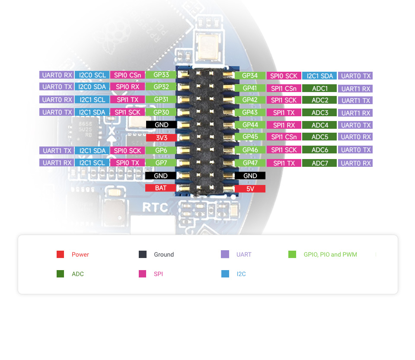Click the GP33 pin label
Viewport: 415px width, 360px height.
click(161, 75)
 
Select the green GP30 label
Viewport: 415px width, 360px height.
click(161, 112)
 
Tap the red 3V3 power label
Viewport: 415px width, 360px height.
click(161, 138)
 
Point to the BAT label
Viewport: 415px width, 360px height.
click(161, 188)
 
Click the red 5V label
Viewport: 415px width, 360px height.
click(250, 189)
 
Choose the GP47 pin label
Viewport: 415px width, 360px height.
click(250, 163)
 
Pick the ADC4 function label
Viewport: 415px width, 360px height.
click(320, 125)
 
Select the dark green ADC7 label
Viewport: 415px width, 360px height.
click(320, 163)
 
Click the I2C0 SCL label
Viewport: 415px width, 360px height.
click(92, 75)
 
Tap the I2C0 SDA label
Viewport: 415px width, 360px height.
click(92, 87)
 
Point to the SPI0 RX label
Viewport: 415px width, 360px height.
click(128, 87)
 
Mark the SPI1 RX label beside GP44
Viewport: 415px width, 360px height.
click(284, 125)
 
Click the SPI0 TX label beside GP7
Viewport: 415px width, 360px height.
click(128, 163)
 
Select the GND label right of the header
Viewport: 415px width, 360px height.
click(250, 176)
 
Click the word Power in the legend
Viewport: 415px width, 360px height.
click(80, 255)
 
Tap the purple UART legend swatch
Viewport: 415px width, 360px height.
click(225, 255)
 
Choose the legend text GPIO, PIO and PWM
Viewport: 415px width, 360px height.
click(330, 255)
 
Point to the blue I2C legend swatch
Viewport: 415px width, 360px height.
click(225, 274)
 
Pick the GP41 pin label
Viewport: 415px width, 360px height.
click(250, 88)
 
